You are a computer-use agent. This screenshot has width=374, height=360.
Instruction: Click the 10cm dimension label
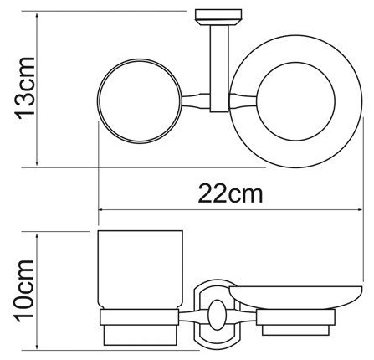pos(24,291)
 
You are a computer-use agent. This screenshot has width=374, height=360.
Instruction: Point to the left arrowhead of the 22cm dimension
pos(101,209)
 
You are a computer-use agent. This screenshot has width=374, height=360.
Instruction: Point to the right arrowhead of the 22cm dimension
pos(360,209)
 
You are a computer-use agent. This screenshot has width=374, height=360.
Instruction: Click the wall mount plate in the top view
pos(218,18)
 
